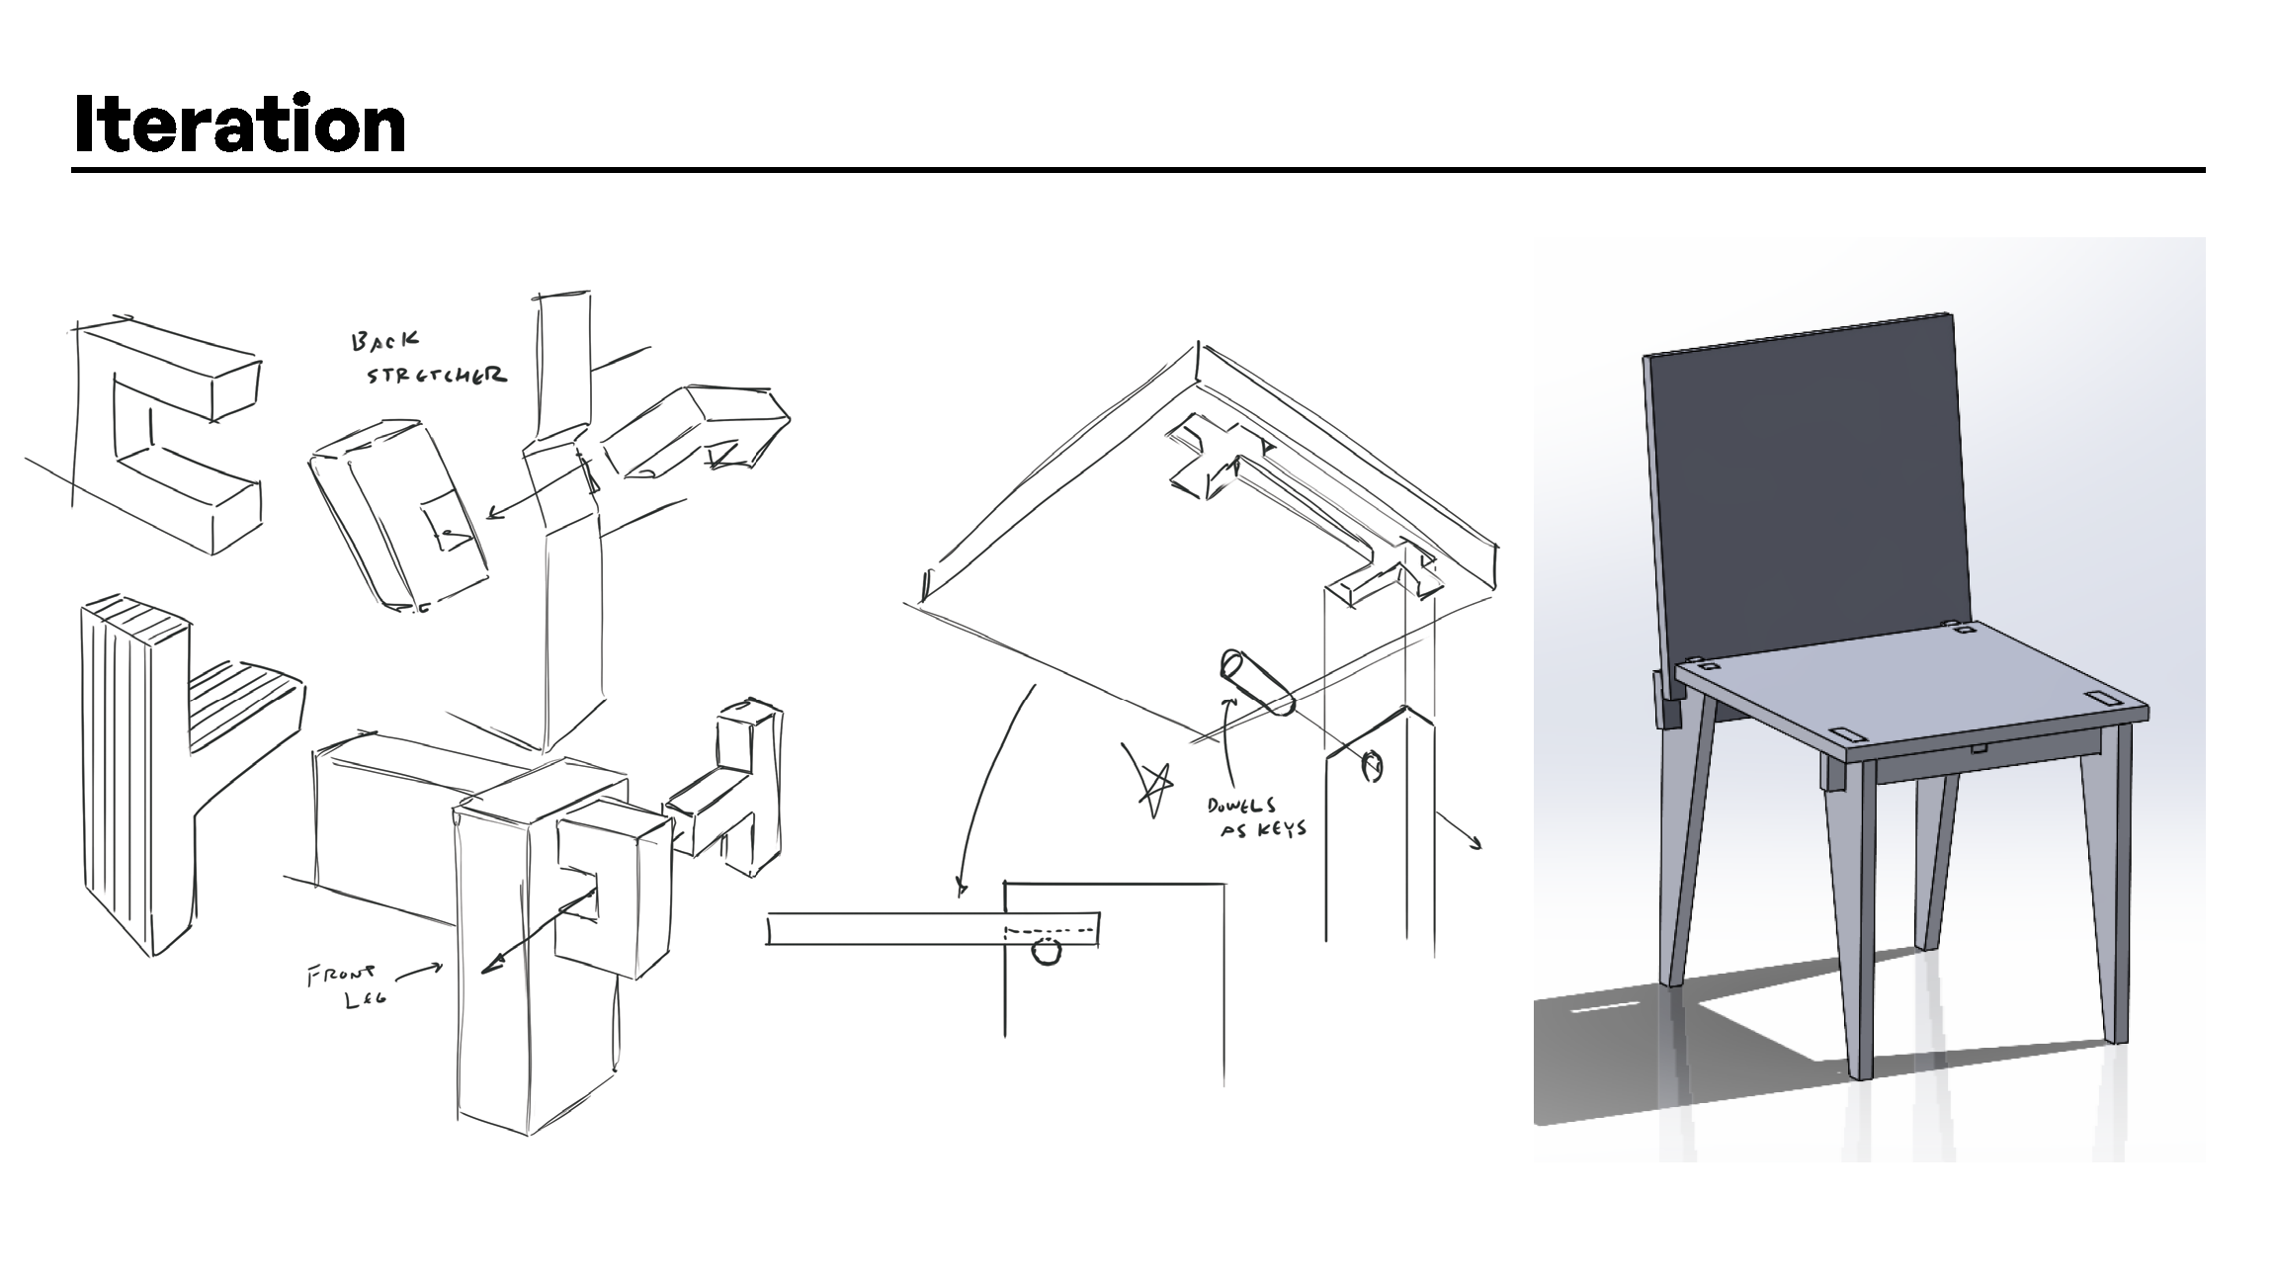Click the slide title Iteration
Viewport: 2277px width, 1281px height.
240,124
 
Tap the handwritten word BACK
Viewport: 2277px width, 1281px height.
384,342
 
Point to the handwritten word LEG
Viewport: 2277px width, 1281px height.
364,1000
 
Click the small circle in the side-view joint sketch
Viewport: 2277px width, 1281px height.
1047,952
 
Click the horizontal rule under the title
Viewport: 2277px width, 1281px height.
1138,170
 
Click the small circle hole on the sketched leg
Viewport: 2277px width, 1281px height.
1373,765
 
